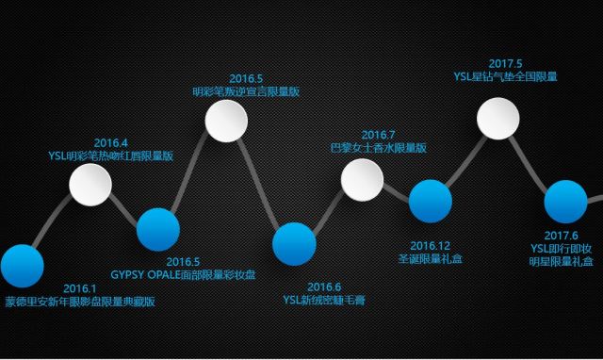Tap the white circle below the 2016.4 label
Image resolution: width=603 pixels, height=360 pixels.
[x=90, y=185]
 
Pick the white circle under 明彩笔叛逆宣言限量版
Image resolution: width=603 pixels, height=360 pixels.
[x=226, y=120]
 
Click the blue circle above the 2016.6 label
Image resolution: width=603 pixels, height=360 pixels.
[x=294, y=243]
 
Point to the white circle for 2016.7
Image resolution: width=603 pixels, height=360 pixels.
[x=362, y=180]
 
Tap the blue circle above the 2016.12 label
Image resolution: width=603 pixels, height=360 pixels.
[x=430, y=201]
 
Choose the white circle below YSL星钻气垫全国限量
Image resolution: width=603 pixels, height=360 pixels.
[x=498, y=117]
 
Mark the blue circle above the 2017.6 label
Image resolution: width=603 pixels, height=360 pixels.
[x=566, y=203]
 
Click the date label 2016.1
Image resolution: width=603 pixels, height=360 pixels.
[x=80, y=288]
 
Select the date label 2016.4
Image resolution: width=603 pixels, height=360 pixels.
[x=110, y=142]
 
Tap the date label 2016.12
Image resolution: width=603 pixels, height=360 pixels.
[x=431, y=245]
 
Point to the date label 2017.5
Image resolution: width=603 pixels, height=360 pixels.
[x=506, y=63]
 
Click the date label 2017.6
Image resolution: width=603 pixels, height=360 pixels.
[x=562, y=236]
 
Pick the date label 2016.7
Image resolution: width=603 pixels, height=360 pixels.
[x=378, y=135]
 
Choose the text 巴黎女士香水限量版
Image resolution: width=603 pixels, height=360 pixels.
[x=378, y=149]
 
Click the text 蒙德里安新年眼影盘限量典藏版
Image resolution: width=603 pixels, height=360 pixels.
[x=80, y=303]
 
